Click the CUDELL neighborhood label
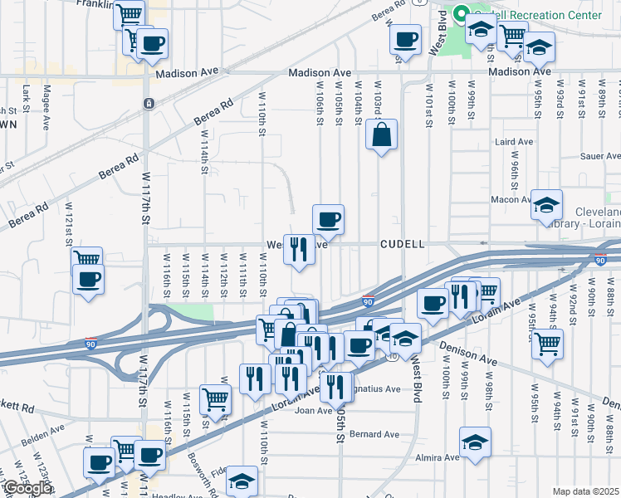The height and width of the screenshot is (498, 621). click(x=403, y=245)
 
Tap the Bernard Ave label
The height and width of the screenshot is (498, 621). click(x=374, y=434)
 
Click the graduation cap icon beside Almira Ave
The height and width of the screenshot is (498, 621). click(x=475, y=442)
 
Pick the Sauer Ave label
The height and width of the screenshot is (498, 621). click(x=602, y=155)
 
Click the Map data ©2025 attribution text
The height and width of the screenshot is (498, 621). click(x=585, y=491)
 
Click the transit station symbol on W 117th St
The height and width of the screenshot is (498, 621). click(x=147, y=104)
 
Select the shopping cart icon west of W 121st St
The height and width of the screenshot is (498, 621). click(x=86, y=261)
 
